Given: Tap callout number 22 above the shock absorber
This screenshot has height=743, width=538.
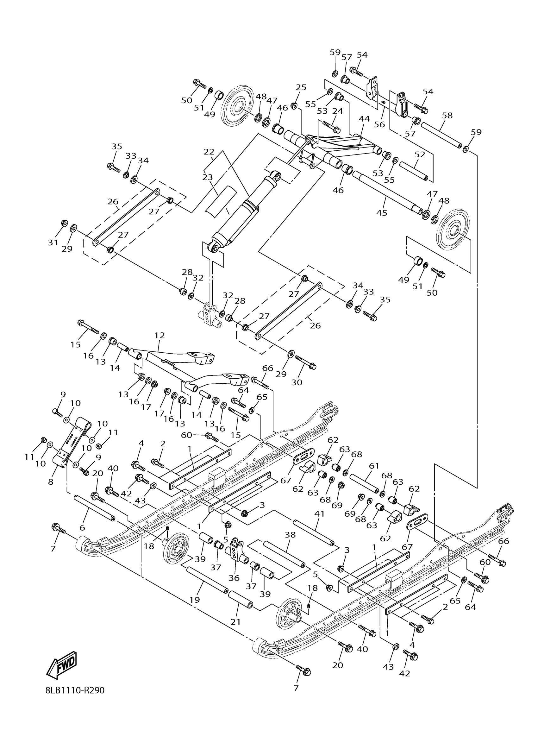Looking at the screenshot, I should (209, 152).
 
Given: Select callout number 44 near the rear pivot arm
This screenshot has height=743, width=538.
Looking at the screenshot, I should (364, 119).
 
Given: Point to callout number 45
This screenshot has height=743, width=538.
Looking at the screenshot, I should (382, 213).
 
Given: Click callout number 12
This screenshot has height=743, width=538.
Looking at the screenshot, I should (160, 336).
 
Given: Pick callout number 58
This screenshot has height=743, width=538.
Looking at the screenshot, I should (447, 115).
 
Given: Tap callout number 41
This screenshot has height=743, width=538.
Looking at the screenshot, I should (319, 514).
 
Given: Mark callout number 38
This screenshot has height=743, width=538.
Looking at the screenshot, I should (290, 535).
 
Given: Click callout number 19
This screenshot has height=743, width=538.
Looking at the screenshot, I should (195, 600).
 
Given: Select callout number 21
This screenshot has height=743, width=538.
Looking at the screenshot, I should (235, 622).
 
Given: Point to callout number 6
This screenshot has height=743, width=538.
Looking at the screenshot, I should (82, 528).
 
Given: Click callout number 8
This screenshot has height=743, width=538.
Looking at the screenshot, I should (50, 482).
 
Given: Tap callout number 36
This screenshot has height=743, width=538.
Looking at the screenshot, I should (234, 578).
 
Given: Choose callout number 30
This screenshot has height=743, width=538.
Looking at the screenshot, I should (297, 382).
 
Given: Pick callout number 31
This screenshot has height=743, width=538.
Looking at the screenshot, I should (53, 242).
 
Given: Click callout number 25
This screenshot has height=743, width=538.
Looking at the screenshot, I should (301, 87).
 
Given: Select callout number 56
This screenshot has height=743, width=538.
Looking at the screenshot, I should (379, 124).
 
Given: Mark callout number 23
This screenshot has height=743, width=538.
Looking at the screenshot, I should (207, 177).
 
